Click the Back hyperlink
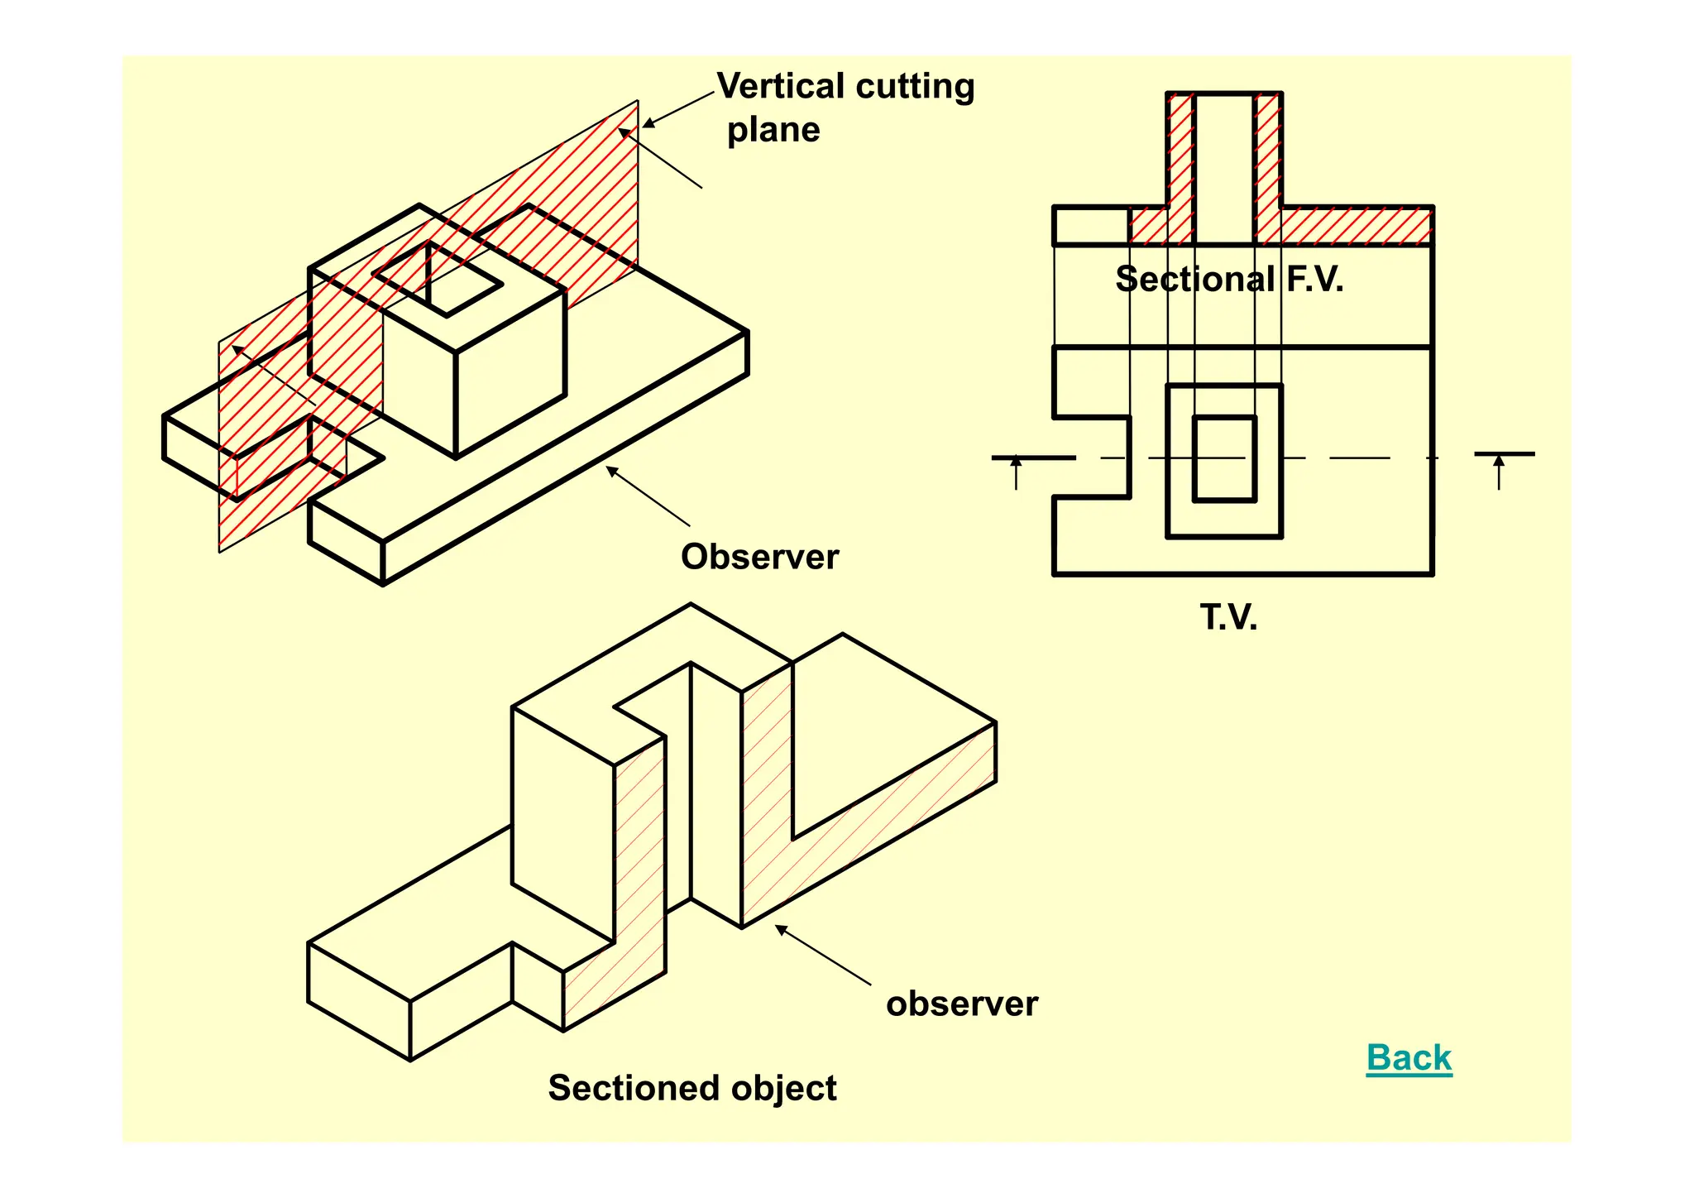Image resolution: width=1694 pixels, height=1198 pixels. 1409,1057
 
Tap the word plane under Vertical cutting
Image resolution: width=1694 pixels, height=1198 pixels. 773,130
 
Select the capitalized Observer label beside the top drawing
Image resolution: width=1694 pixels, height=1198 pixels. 759,557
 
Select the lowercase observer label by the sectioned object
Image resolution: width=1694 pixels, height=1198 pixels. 961,1004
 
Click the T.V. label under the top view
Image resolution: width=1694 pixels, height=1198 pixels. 1228,617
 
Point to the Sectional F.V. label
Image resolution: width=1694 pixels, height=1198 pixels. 1229,280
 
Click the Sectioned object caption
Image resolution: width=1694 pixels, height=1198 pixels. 692,1088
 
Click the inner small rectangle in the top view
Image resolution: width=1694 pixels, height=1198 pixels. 1224,459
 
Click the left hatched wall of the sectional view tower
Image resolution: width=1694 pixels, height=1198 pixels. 1180,165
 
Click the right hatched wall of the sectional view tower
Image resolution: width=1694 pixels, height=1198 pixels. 1268,165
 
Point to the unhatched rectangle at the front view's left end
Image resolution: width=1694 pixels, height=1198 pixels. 1091,226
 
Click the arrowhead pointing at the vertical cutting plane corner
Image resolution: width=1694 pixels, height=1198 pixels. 648,123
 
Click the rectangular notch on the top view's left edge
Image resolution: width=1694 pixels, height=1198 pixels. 1092,458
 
